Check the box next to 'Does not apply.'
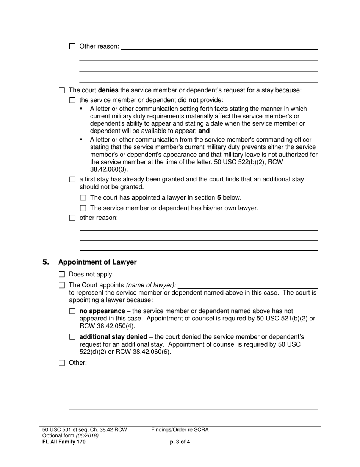pos(62,275)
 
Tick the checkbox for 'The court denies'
pos(62,91)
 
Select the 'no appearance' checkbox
pos(73,311)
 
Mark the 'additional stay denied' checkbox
pos(73,337)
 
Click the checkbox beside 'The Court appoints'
pos(62,285)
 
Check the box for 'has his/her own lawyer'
pos(83,208)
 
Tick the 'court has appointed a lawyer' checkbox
pos(83,198)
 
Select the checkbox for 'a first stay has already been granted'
pos(73,180)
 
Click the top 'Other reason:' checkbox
pos(72,47)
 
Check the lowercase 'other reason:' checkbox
pos(73,218)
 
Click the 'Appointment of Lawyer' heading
pos(97,262)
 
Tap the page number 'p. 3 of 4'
pos(180,442)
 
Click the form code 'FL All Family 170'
pos(64,442)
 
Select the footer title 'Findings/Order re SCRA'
pos(180,430)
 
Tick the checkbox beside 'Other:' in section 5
pos(62,363)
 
